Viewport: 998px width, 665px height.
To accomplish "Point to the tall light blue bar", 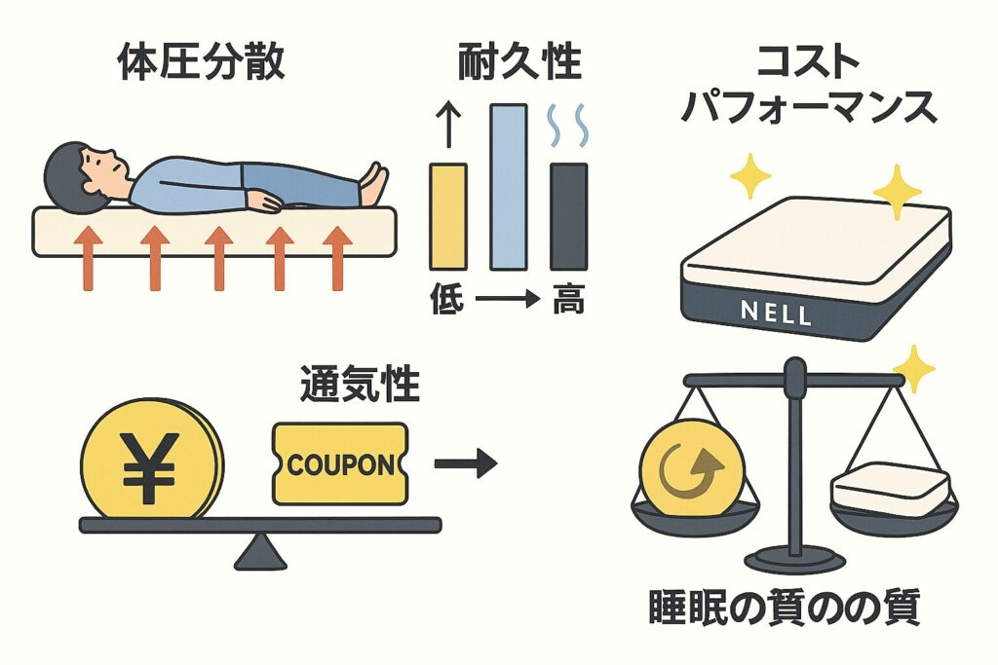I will coord(508,186).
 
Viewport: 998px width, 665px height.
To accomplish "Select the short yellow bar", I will coord(447,215).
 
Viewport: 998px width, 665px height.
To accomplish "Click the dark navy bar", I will coord(568,215).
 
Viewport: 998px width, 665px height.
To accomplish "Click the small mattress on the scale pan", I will coord(889,489).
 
